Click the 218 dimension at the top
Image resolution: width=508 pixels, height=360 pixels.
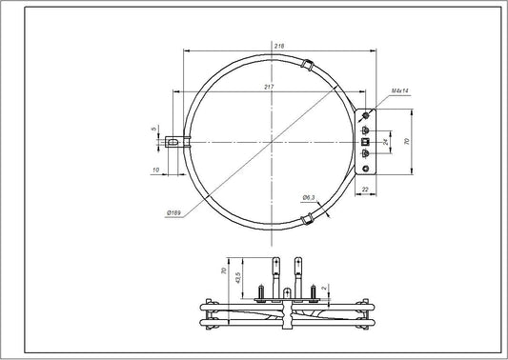tap(276, 46)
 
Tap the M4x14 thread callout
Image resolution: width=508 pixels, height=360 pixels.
tap(401, 90)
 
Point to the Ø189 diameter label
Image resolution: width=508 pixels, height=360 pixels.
tap(173, 211)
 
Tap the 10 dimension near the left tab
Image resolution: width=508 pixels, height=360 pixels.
tap(154, 170)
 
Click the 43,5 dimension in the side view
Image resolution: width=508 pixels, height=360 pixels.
tap(236, 282)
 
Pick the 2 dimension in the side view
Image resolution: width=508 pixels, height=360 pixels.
tap(325, 288)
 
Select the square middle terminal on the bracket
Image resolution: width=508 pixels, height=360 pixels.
tap(365, 142)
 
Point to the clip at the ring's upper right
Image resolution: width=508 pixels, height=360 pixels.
tap(307, 65)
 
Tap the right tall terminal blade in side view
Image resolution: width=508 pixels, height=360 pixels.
tap(299, 270)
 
